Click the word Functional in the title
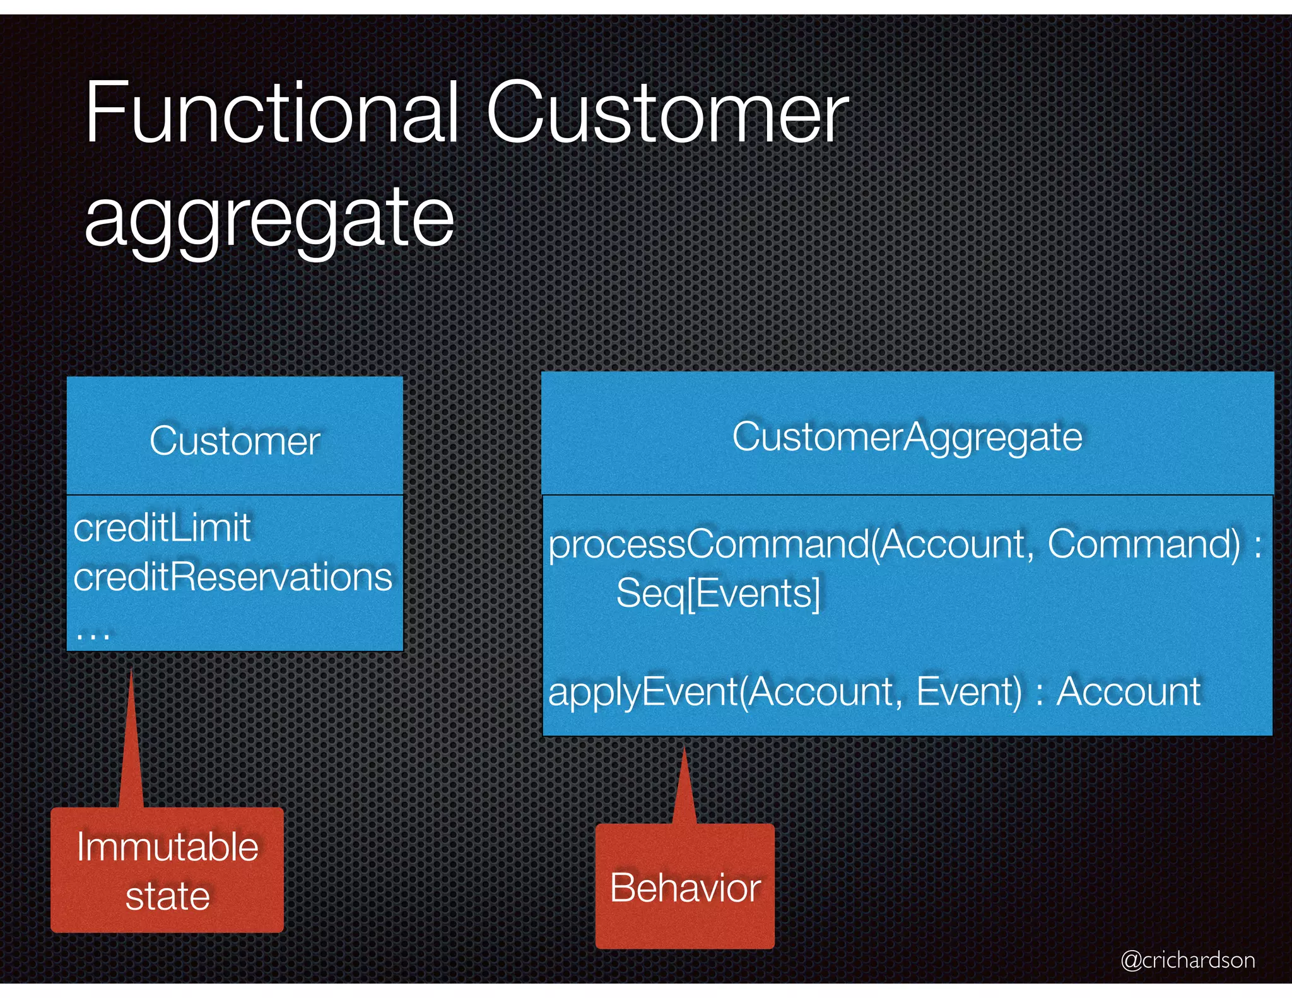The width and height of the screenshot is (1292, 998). (x=271, y=114)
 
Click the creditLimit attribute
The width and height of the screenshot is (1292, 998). (x=162, y=527)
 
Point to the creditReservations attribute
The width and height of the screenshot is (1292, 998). (x=232, y=577)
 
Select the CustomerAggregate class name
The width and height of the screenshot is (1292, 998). (x=907, y=437)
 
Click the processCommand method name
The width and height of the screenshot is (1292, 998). (x=709, y=544)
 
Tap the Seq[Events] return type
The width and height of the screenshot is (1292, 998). (x=718, y=593)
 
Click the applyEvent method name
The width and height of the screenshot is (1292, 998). (x=643, y=691)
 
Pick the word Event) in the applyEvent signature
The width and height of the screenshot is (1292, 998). (x=968, y=691)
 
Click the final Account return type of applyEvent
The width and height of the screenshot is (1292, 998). (x=1128, y=691)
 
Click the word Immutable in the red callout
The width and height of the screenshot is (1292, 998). (x=167, y=847)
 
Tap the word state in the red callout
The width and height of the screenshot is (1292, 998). (x=167, y=896)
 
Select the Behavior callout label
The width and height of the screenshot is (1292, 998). (x=685, y=888)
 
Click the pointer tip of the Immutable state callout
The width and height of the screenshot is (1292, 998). (x=131, y=674)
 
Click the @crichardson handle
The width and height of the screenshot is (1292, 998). (x=1187, y=960)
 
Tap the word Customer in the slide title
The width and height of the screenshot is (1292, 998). (x=667, y=114)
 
